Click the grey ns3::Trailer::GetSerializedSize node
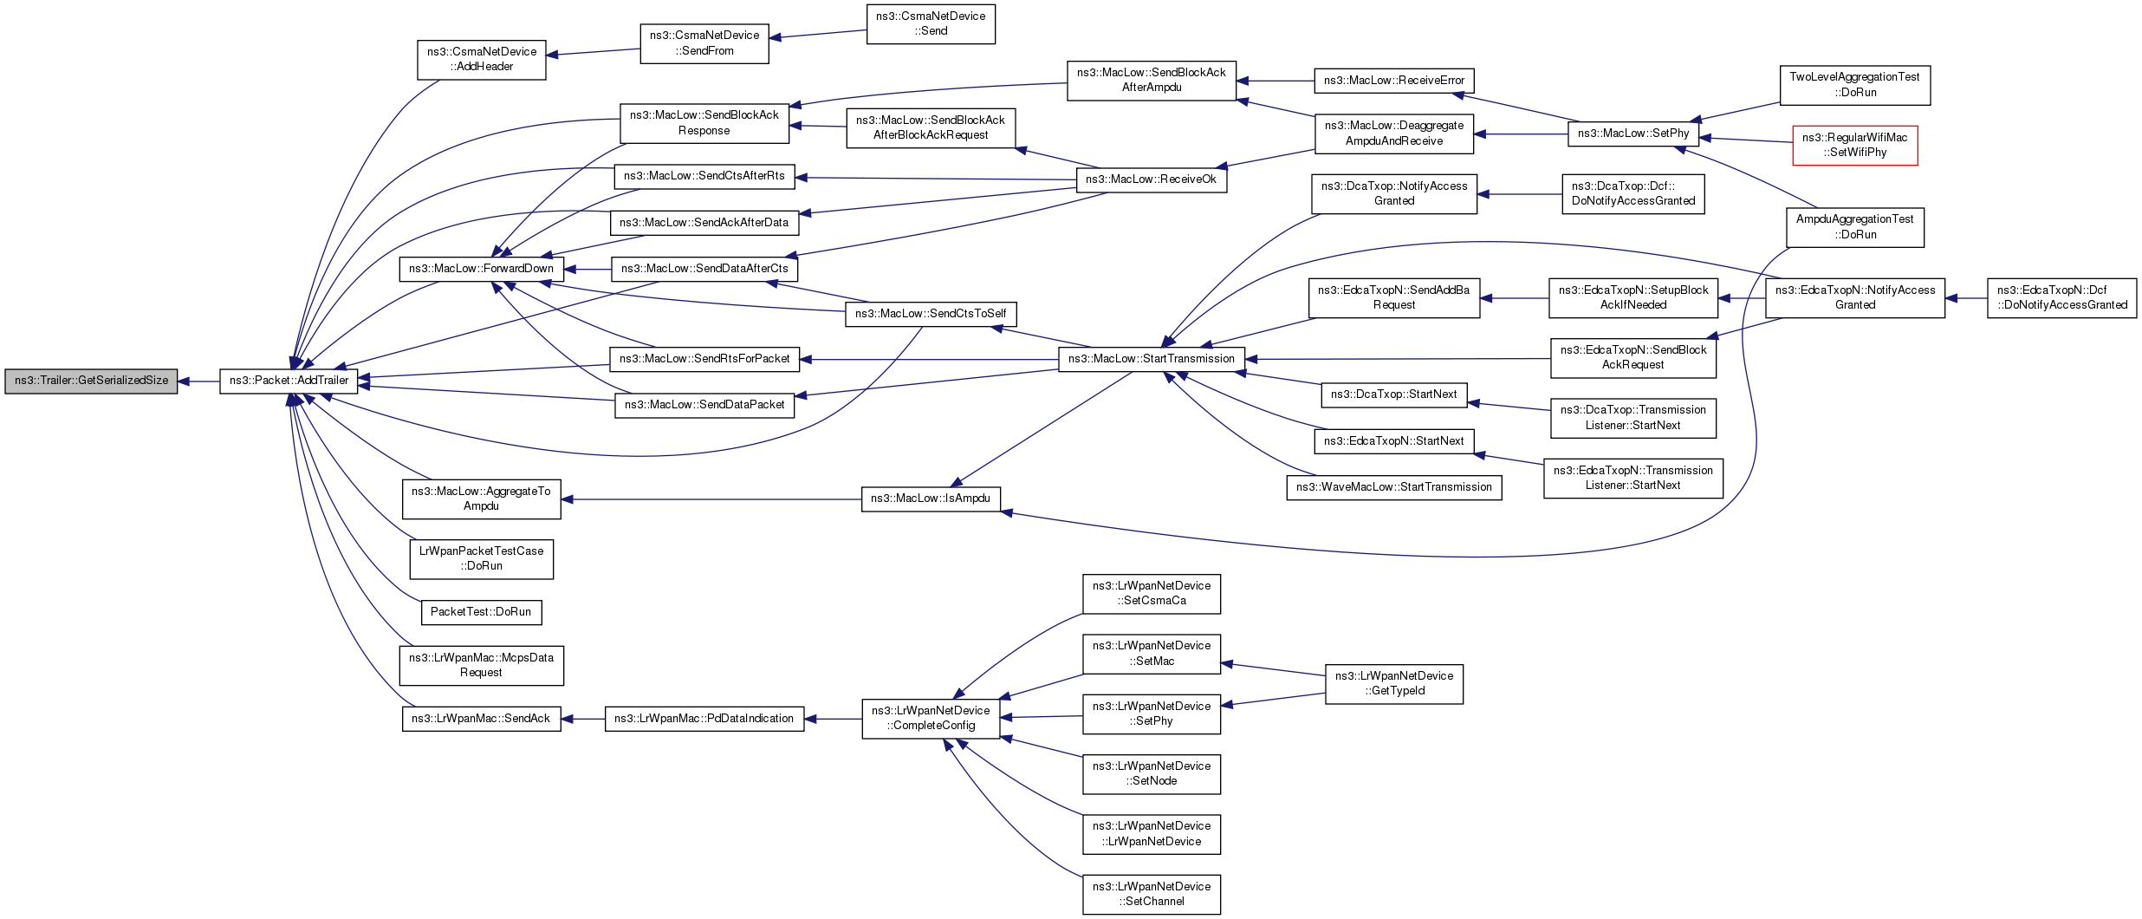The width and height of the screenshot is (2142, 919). [x=91, y=381]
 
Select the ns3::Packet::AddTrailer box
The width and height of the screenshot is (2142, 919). [x=289, y=381]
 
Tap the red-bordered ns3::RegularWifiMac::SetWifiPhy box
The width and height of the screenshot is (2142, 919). [x=1854, y=145]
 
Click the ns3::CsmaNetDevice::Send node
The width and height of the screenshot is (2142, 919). [x=931, y=23]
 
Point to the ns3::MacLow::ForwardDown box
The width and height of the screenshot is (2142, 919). [x=481, y=269]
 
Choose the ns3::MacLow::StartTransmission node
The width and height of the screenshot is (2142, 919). [x=1151, y=359]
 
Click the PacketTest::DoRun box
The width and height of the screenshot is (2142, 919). [x=481, y=612]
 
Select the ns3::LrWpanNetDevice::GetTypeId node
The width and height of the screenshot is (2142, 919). [x=1393, y=683]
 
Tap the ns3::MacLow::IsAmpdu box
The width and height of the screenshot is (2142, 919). [x=931, y=499]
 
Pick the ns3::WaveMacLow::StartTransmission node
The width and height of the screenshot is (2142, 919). [x=1393, y=487]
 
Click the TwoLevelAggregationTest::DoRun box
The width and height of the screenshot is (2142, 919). [x=1854, y=85]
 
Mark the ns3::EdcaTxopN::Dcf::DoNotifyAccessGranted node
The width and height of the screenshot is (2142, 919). [x=2061, y=297]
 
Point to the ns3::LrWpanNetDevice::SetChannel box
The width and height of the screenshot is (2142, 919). [x=1151, y=894]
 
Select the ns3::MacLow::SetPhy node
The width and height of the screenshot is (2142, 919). [x=1632, y=134]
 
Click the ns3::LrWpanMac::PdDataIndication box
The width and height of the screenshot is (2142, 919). [x=704, y=719]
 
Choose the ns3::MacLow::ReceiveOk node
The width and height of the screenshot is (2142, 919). [x=1151, y=179]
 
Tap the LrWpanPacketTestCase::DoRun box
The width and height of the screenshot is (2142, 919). [x=481, y=559]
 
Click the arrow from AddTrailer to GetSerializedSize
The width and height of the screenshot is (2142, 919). [x=198, y=381]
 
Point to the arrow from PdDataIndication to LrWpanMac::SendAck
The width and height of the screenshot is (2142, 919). [x=583, y=719]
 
